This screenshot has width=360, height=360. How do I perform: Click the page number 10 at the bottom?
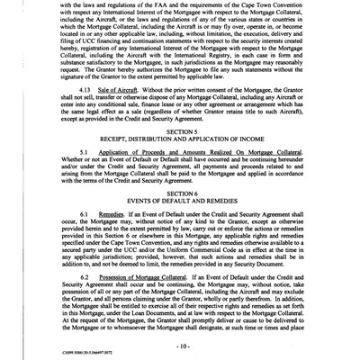pos(180,346)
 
